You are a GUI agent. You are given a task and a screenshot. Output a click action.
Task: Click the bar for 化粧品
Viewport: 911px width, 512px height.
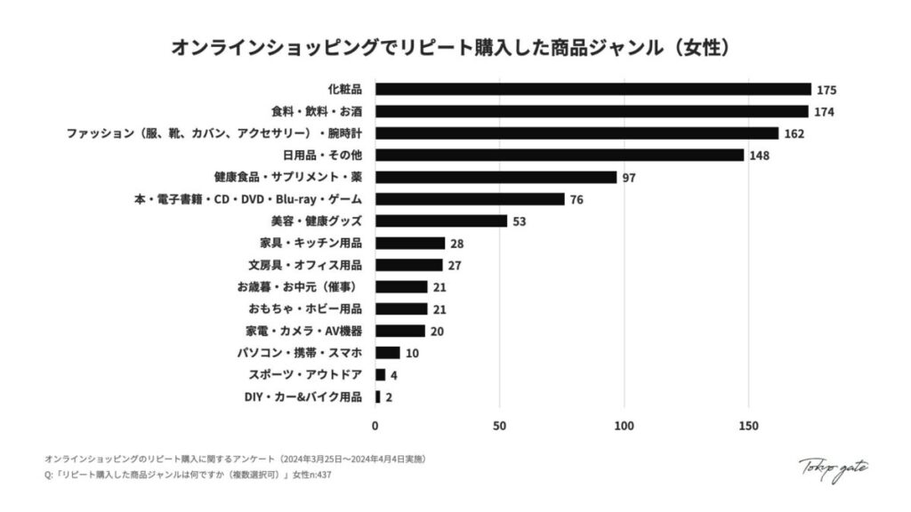[593, 89]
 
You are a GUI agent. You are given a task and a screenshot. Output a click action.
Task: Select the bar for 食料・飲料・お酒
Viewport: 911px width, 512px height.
[592, 111]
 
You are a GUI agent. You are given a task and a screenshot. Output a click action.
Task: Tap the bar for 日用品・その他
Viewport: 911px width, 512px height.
[559, 155]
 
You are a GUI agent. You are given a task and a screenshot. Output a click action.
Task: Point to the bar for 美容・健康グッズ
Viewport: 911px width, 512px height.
[440, 220]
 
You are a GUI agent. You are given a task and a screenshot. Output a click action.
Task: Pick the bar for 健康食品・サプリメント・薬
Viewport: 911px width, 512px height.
[496, 177]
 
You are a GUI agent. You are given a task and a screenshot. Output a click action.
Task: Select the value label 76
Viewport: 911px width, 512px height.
[576, 199]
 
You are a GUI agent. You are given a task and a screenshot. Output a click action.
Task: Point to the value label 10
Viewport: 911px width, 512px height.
[413, 353]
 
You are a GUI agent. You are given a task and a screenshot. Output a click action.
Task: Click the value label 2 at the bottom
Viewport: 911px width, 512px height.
[389, 396]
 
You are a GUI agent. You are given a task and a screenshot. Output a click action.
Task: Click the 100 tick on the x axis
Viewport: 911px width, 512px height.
[625, 426]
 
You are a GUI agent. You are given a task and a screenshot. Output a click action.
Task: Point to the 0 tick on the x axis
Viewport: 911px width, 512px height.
[375, 426]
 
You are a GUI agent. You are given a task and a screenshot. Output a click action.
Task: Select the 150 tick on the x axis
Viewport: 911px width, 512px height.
[749, 426]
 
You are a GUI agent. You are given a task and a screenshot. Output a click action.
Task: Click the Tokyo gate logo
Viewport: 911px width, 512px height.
[833, 468]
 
